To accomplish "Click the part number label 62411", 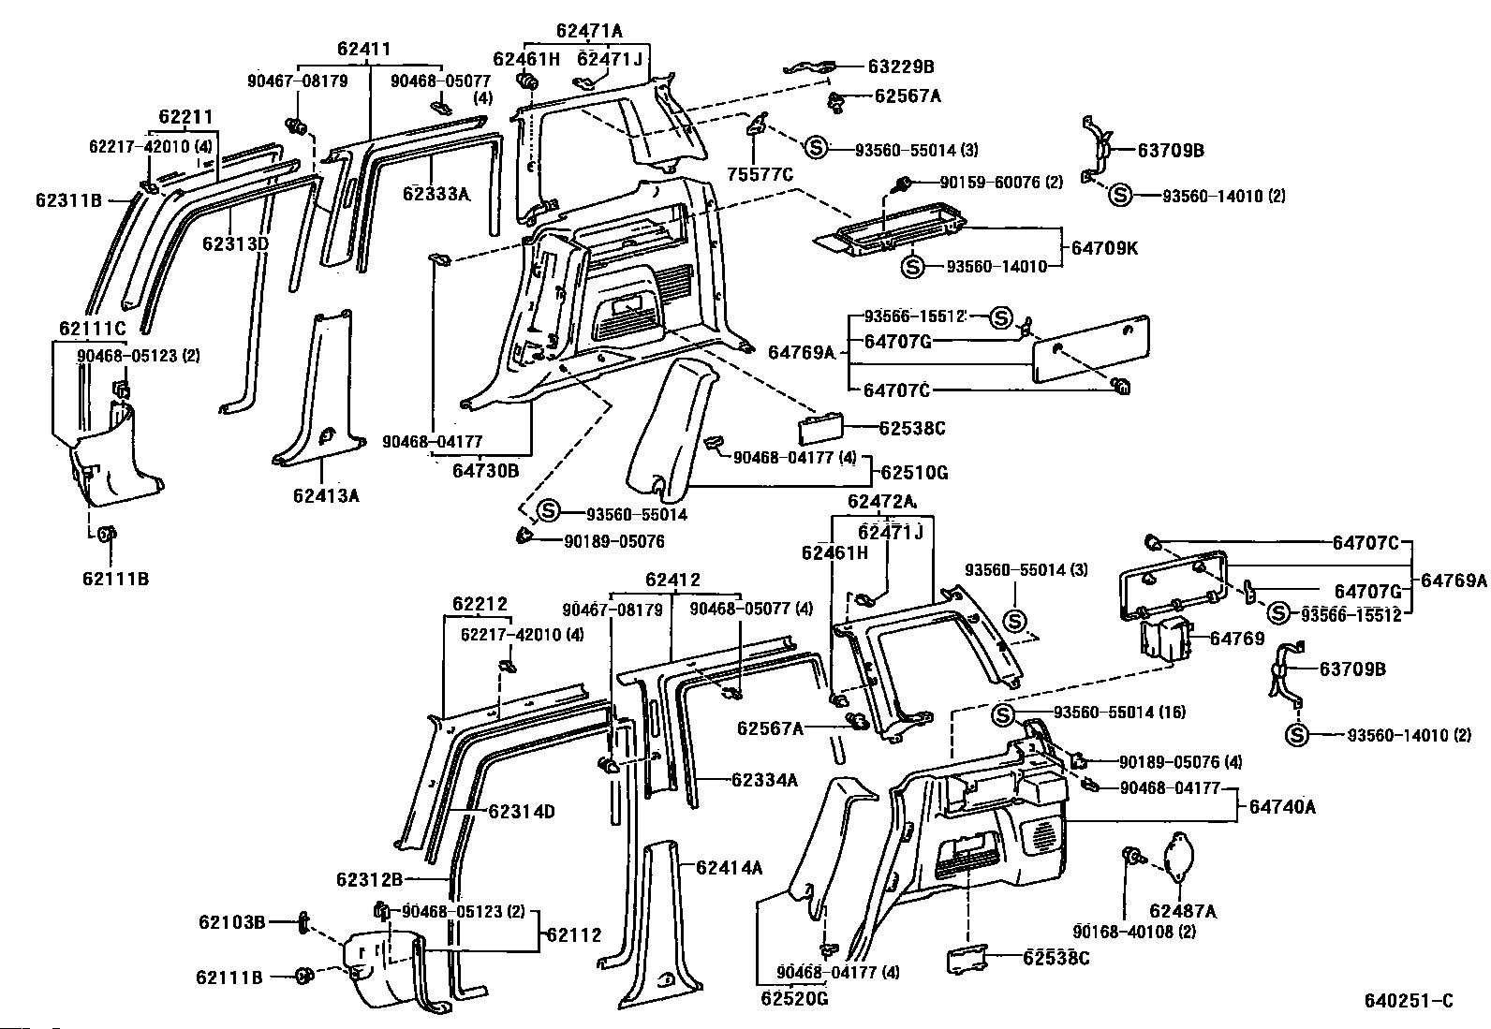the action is point(363,50).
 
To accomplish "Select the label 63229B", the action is point(901,66).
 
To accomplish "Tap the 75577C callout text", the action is point(760,175).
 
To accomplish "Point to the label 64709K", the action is point(1104,248).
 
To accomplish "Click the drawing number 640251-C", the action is point(1410,1000).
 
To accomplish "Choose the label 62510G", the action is point(914,473).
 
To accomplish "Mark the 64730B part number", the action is point(485,471).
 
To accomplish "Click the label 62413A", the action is point(326,496).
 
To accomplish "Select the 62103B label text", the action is point(231,922).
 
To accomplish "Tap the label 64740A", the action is point(1282,807).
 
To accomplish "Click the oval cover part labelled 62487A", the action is point(1178,859).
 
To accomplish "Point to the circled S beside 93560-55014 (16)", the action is point(1002,715).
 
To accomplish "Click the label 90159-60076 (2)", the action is point(1001,182).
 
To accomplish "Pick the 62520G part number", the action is point(795,998).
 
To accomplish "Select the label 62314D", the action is point(521,812).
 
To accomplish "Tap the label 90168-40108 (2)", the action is point(1134,932).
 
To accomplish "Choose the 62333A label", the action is point(436,194).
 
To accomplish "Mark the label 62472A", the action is point(881,501).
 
